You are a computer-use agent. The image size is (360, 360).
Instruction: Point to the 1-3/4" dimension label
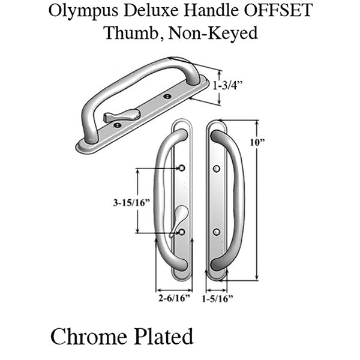tap(228, 85)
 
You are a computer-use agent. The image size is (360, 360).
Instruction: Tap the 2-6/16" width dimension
tap(174, 298)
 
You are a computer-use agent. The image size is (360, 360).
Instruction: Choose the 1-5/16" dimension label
tap(217, 298)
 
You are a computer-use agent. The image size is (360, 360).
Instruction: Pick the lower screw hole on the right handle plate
tap(217, 232)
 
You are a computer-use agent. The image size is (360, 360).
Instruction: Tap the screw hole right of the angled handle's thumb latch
tap(167, 96)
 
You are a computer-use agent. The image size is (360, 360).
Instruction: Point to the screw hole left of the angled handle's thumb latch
tap(118, 125)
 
